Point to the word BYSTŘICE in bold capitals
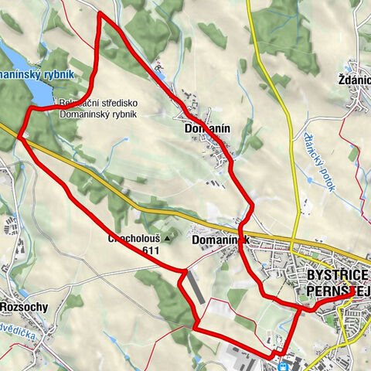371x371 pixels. coord(339,275)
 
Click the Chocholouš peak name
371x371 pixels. coord(134,240)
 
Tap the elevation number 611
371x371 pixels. coord(151,251)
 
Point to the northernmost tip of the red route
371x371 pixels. coord(100,13)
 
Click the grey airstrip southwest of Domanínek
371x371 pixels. coord(196,288)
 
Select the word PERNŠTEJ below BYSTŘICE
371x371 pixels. coord(339,290)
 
